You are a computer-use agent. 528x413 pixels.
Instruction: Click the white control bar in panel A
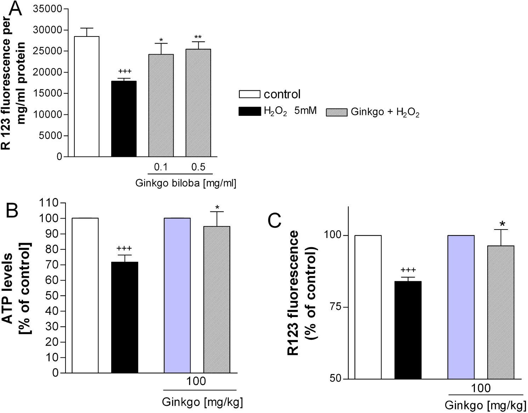(x=86, y=96)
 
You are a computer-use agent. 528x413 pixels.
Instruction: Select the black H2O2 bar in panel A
(x=124, y=119)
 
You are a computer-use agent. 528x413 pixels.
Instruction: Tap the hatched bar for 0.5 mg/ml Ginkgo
(x=198, y=103)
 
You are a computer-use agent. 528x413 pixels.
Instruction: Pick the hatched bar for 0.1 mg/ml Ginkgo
(x=161, y=105)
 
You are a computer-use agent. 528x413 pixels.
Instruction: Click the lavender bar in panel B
(x=177, y=295)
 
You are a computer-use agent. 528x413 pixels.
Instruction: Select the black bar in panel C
(x=408, y=330)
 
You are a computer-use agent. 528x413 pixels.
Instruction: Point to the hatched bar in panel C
(x=501, y=312)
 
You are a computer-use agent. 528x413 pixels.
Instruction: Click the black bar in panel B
(x=125, y=317)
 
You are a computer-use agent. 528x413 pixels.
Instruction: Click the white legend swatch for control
(x=250, y=94)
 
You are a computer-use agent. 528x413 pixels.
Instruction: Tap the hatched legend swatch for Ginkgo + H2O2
(x=336, y=112)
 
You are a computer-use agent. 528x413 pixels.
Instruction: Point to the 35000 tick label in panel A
(x=47, y=9)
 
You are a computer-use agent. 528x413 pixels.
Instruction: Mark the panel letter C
(x=274, y=221)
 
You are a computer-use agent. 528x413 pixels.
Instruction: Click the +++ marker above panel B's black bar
(x=124, y=249)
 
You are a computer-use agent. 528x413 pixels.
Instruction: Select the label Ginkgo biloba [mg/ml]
(x=186, y=183)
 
